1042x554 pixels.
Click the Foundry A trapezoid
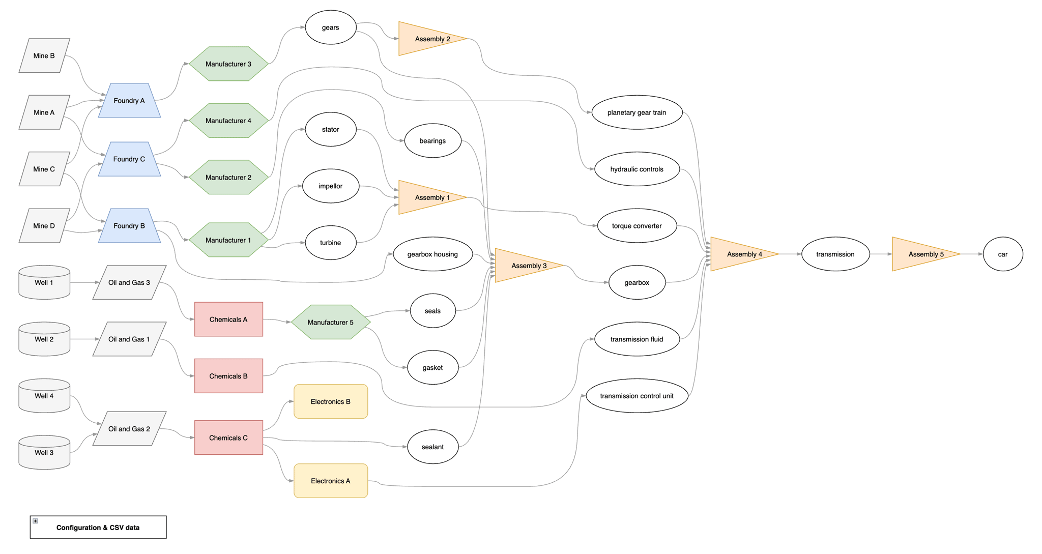coord(129,101)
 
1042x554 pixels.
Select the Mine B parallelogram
coord(44,56)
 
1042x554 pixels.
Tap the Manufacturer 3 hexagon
coord(228,64)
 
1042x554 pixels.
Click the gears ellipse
coord(331,27)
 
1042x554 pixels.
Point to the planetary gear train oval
coord(636,112)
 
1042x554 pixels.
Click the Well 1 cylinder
coord(44,283)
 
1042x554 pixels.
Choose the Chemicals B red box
coord(228,376)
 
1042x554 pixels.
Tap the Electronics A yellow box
coord(331,481)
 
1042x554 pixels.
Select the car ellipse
coord(1002,254)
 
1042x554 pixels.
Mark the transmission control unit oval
coord(636,396)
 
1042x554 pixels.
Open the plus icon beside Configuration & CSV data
coord(35,521)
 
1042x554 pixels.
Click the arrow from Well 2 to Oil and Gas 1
coord(84,339)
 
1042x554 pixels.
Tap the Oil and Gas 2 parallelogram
coord(129,429)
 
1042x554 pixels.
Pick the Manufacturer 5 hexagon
coord(331,322)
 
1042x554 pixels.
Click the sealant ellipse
coord(432,447)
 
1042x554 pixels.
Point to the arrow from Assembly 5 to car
coord(972,254)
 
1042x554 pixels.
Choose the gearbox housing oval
coord(432,254)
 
